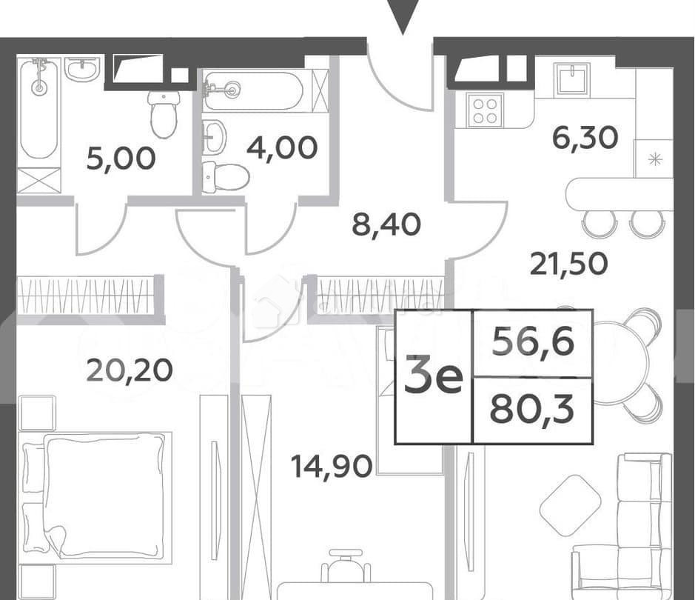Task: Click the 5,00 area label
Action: pyautogui.click(x=121, y=158)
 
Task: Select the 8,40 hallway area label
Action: pyautogui.click(x=386, y=224)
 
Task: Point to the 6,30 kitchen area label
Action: pyautogui.click(x=585, y=137)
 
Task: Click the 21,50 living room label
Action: pyautogui.click(x=568, y=262)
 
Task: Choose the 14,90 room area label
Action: pyautogui.click(x=331, y=466)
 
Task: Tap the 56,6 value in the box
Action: pyautogui.click(x=533, y=343)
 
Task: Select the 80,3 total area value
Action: pyautogui.click(x=532, y=410)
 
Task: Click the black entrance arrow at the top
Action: pyautogui.click(x=403, y=16)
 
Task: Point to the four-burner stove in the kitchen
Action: pyautogui.click(x=485, y=110)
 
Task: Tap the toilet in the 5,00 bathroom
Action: pyautogui.click(x=164, y=114)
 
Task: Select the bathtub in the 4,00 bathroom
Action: pyautogui.click(x=253, y=90)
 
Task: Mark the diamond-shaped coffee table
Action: pyautogui.click(x=571, y=505)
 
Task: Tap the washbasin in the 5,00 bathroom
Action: pyautogui.click(x=81, y=70)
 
